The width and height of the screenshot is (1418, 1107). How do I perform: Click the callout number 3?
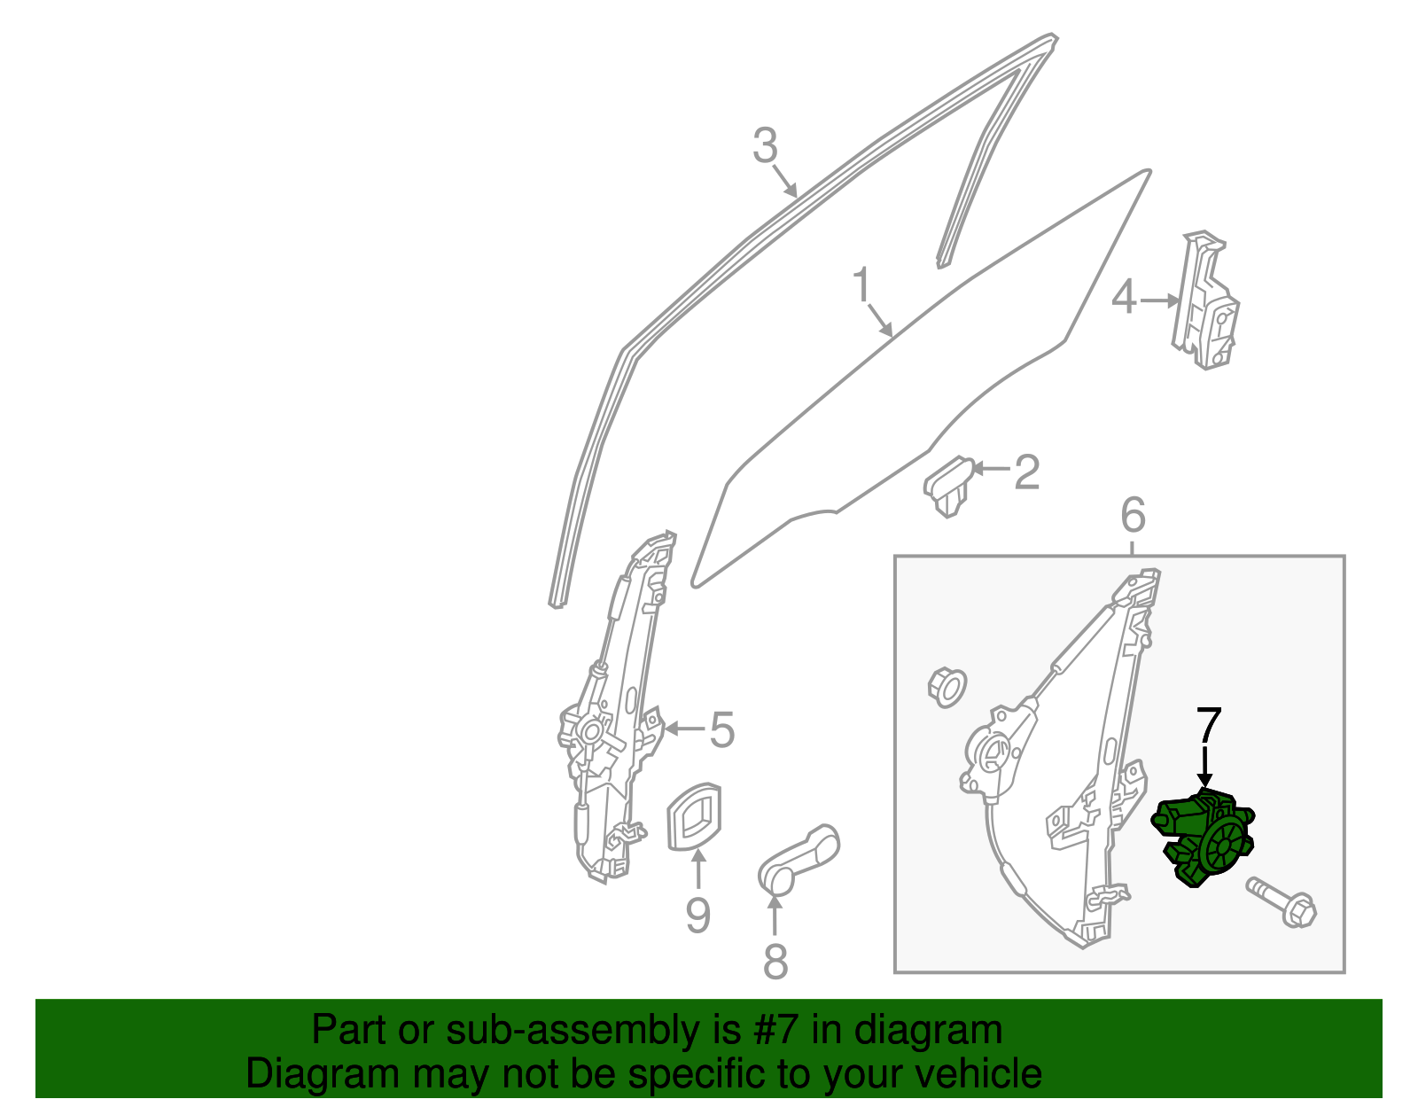point(765,144)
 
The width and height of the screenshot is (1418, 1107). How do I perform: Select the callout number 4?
point(1124,298)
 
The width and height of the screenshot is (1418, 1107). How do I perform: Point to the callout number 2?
point(1026,472)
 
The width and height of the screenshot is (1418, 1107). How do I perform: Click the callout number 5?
point(721,729)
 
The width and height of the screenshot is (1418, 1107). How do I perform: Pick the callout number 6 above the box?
point(1133,515)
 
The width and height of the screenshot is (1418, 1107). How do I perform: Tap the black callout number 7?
point(1207,724)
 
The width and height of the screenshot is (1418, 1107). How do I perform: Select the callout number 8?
point(775,961)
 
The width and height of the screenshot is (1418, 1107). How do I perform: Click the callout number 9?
point(697,916)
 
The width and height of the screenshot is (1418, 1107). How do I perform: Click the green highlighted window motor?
point(1203,838)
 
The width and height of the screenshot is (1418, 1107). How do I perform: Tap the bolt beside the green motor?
point(1282,902)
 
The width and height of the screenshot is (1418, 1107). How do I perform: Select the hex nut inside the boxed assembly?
point(947,687)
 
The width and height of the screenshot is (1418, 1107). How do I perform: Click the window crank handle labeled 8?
point(799,859)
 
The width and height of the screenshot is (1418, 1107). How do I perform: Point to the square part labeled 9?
point(694,816)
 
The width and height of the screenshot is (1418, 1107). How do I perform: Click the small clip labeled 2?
point(948,486)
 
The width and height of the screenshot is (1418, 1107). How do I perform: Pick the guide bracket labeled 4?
point(1204,300)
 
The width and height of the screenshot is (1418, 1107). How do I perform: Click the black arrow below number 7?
point(1205,767)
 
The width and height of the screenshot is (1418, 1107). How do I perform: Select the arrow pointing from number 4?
point(1159,300)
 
